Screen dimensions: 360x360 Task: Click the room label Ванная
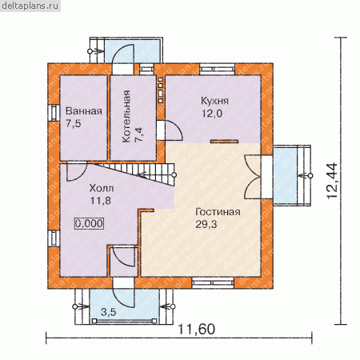[x=84, y=111]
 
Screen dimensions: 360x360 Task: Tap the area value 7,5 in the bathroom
[x=74, y=124]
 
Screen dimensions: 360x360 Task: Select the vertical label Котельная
[x=126, y=116]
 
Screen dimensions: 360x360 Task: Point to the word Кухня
[x=214, y=101]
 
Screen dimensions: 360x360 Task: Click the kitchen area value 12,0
[x=212, y=114]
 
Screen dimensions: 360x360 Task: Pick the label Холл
[x=102, y=188]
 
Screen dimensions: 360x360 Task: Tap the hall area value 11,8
[x=101, y=201]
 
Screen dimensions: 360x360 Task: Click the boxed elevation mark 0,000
[x=89, y=223]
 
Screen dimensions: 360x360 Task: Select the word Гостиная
[x=218, y=212]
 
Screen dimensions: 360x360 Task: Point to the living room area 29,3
[x=206, y=224]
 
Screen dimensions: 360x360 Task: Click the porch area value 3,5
[x=109, y=312]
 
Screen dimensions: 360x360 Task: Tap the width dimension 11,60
[x=196, y=330]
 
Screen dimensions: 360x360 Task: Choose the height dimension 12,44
[x=332, y=181]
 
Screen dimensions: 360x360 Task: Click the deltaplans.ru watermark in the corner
[x=30, y=6]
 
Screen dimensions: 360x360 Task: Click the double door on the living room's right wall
[x=253, y=177]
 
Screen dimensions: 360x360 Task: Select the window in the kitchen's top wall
[x=218, y=70]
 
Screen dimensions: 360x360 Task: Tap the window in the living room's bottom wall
[x=213, y=283]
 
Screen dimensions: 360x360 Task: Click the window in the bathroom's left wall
[x=54, y=113]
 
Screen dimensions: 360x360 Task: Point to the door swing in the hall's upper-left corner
[x=77, y=171]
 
